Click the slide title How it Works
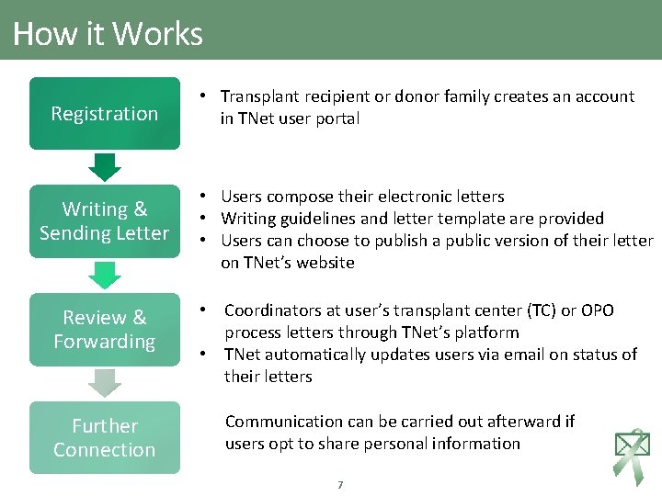coord(108,34)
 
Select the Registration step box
coord(104,114)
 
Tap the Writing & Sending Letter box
coord(104,221)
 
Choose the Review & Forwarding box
coord(104,330)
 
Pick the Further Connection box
coord(104,438)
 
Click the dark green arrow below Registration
coord(107,167)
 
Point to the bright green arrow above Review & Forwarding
coord(107,275)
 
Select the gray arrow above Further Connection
coord(107,383)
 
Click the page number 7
coord(340,484)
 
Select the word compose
coord(301,197)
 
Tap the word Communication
coord(284,422)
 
